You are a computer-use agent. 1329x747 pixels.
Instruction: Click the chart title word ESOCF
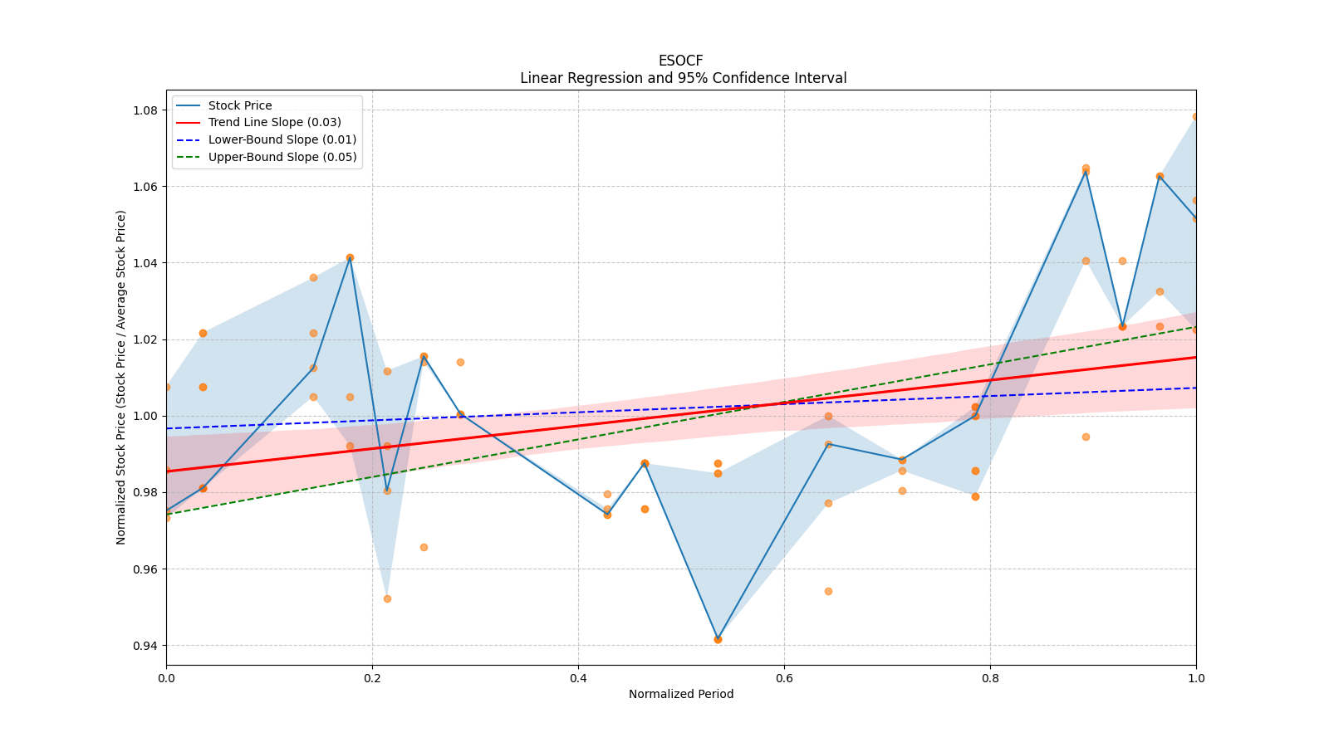680,61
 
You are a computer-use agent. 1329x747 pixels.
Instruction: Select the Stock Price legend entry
240,105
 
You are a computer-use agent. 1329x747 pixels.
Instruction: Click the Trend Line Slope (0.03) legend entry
274,123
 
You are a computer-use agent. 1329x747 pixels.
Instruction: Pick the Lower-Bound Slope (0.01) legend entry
282,139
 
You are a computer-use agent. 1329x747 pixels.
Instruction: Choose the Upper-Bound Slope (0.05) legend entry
282,157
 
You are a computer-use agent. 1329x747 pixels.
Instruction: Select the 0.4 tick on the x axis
578,678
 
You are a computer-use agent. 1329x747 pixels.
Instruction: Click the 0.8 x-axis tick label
990,678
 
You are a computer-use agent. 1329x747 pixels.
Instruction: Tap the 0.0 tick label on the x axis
166,678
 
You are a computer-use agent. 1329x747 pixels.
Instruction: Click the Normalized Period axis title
681,694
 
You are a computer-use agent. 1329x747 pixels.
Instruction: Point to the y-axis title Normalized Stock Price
121,377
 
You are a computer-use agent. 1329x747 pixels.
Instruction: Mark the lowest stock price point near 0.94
718,639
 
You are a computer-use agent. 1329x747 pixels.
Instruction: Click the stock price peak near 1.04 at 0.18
350,258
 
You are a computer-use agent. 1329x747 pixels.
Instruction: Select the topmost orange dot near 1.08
1196,117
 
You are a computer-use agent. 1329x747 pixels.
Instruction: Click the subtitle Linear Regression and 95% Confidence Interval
683,78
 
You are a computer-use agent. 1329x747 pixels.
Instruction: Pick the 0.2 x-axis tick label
372,678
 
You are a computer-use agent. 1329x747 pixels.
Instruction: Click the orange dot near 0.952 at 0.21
387,598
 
